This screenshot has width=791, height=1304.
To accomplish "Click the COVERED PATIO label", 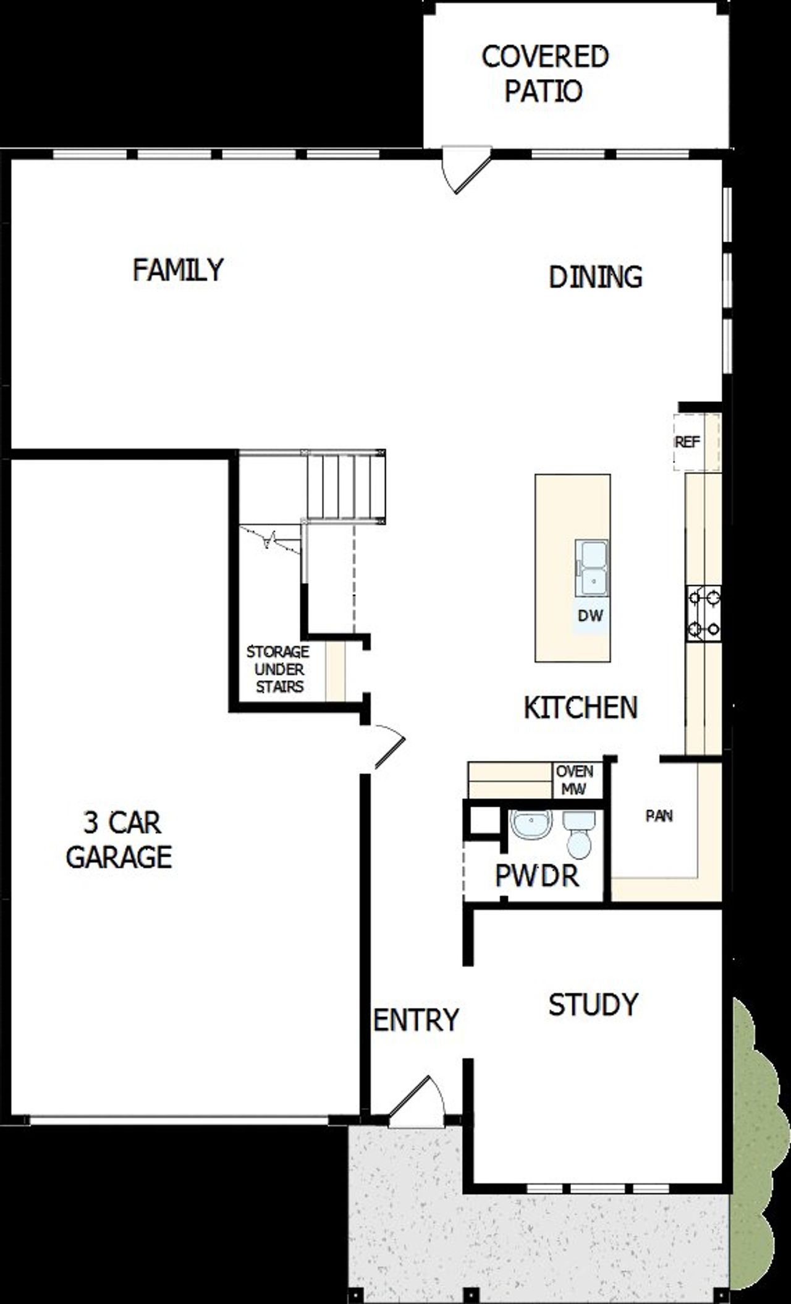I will [544, 74].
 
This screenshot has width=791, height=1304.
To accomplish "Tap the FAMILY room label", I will [178, 270].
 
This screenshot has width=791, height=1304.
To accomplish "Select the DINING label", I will [595, 277].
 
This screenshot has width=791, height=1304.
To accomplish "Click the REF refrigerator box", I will [688, 442].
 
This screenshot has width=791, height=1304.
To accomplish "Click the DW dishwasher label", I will [590, 616].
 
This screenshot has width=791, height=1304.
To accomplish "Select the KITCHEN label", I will [580, 707].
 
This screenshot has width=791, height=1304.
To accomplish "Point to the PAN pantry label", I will [659, 816].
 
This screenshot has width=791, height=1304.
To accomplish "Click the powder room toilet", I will [579, 835].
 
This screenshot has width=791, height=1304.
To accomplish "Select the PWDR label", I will [536, 876].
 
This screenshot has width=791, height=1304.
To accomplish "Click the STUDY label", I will [593, 1005].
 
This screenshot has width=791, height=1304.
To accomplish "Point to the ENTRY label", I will [416, 1020].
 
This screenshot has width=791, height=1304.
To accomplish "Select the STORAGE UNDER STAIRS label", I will [277, 669].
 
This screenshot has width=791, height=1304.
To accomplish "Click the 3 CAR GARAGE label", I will [119, 840].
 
